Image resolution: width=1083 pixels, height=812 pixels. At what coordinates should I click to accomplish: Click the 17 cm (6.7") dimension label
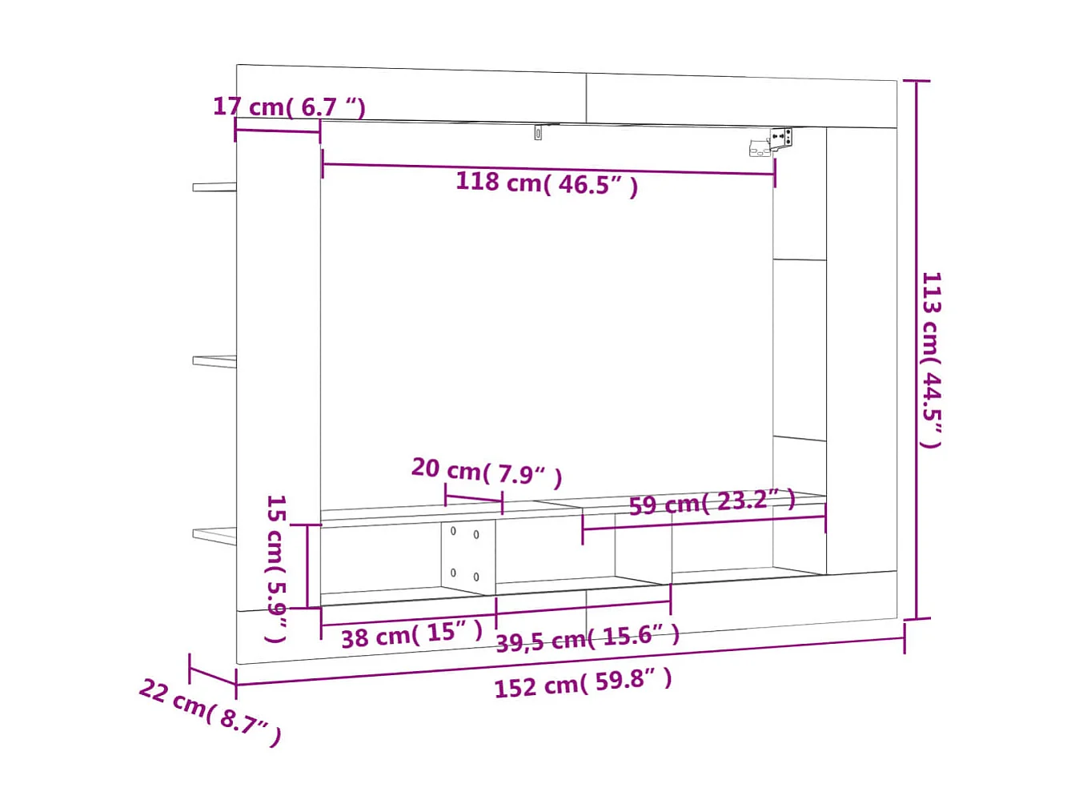pyautogui.click(x=289, y=107)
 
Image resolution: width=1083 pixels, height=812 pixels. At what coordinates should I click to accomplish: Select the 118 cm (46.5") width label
pyautogui.click(x=547, y=183)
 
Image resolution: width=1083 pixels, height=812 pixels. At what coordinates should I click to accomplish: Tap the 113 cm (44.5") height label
pyautogui.click(x=931, y=360)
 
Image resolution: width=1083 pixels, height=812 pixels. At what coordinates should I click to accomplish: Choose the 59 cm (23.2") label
pyautogui.click(x=712, y=503)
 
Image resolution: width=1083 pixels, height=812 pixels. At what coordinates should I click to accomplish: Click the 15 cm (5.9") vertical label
pyautogui.click(x=275, y=568)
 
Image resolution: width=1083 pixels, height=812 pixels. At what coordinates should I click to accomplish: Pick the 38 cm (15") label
pyautogui.click(x=411, y=635)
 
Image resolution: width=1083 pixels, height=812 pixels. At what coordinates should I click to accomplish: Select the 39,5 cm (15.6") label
pyautogui.click(x=588, y=638)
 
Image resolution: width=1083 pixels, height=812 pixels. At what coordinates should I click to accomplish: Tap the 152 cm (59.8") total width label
pyautogui.click(x=583, y=683)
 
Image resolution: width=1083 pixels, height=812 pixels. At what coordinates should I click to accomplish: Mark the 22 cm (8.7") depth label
pyautogui.click(x=210, y=711)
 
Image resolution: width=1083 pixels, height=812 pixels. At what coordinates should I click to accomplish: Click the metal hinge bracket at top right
pyautogui.click(x=773, y=142)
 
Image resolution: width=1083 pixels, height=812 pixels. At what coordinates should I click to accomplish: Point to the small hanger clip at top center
pyautogui.click(x=538, y=132)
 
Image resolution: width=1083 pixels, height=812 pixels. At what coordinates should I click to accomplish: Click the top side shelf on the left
pyautogui.click(x=214, y=187)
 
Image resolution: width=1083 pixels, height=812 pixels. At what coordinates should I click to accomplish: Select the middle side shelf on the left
pyautogui.click(x=214, y=361)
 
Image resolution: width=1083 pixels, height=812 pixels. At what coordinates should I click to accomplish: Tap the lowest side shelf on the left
pyautogui.click(x=214, y=535)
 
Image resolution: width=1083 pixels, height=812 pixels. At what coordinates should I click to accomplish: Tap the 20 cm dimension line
pyautogui.click(x=473, y=499)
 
